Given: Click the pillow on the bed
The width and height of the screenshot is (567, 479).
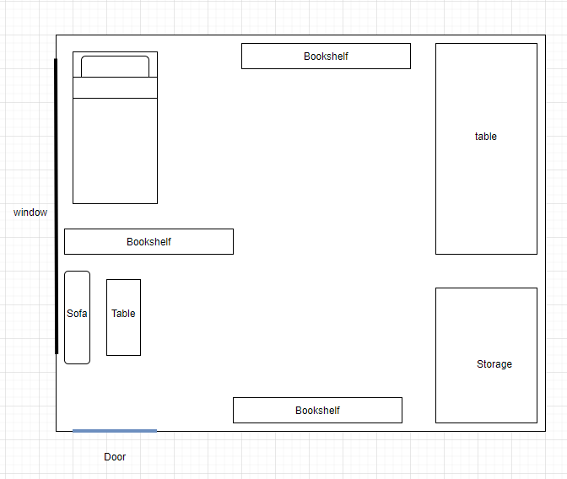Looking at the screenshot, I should tap(115, 66).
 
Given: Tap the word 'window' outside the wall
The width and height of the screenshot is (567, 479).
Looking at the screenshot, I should tap(30, 213).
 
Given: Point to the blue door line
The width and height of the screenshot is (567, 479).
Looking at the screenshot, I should tap(115, 431).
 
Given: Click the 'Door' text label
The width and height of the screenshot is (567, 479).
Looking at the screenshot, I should tap(115, 457).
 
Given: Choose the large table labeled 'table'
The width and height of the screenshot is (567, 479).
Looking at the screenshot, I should tap(486, 186).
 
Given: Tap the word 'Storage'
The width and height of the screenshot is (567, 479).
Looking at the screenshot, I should tap(494, 364).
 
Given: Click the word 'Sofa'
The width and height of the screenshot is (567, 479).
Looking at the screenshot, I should tap(77, 314).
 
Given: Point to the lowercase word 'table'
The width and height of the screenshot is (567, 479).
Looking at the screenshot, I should tap(486, 137).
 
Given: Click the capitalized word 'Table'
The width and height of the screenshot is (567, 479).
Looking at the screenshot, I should tap(123, 314).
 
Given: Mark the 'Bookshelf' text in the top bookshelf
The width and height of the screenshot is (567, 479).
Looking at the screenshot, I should tap(326, 57).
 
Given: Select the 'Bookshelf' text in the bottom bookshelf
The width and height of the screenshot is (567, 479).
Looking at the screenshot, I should tap(317, 411).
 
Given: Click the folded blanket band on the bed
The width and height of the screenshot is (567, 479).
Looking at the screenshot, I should tap(115, 88).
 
